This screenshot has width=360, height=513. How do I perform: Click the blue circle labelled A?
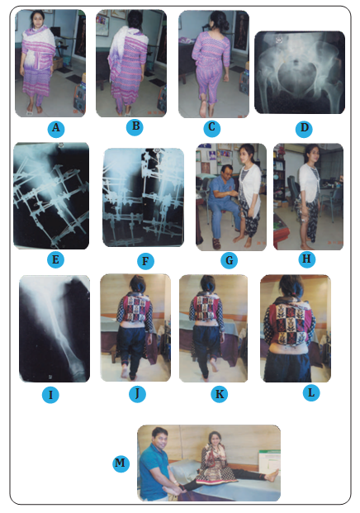point(56,129)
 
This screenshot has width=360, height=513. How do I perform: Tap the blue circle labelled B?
point(135,126)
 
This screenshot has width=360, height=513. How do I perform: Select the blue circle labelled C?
point(212,128)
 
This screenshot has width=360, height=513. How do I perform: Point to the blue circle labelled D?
point(304,129)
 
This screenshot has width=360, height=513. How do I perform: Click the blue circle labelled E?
point(55,259)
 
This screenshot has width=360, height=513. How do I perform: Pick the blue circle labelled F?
point(145,261)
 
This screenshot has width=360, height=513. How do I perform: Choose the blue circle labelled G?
point(230,260)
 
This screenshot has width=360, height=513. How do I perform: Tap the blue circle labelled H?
point(306,259)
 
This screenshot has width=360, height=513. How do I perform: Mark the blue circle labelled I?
point(50,395)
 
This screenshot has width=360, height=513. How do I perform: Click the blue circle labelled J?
point(137,393)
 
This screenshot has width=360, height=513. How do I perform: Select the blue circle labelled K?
point(220,394)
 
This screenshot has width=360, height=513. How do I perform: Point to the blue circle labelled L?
point(311,392)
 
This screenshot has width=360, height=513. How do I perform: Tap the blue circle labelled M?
point(121,463)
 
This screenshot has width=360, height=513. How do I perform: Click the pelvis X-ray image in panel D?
point(300,73)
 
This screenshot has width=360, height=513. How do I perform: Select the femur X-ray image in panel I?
point(54,329)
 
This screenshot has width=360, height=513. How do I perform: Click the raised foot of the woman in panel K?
point(215,365)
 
